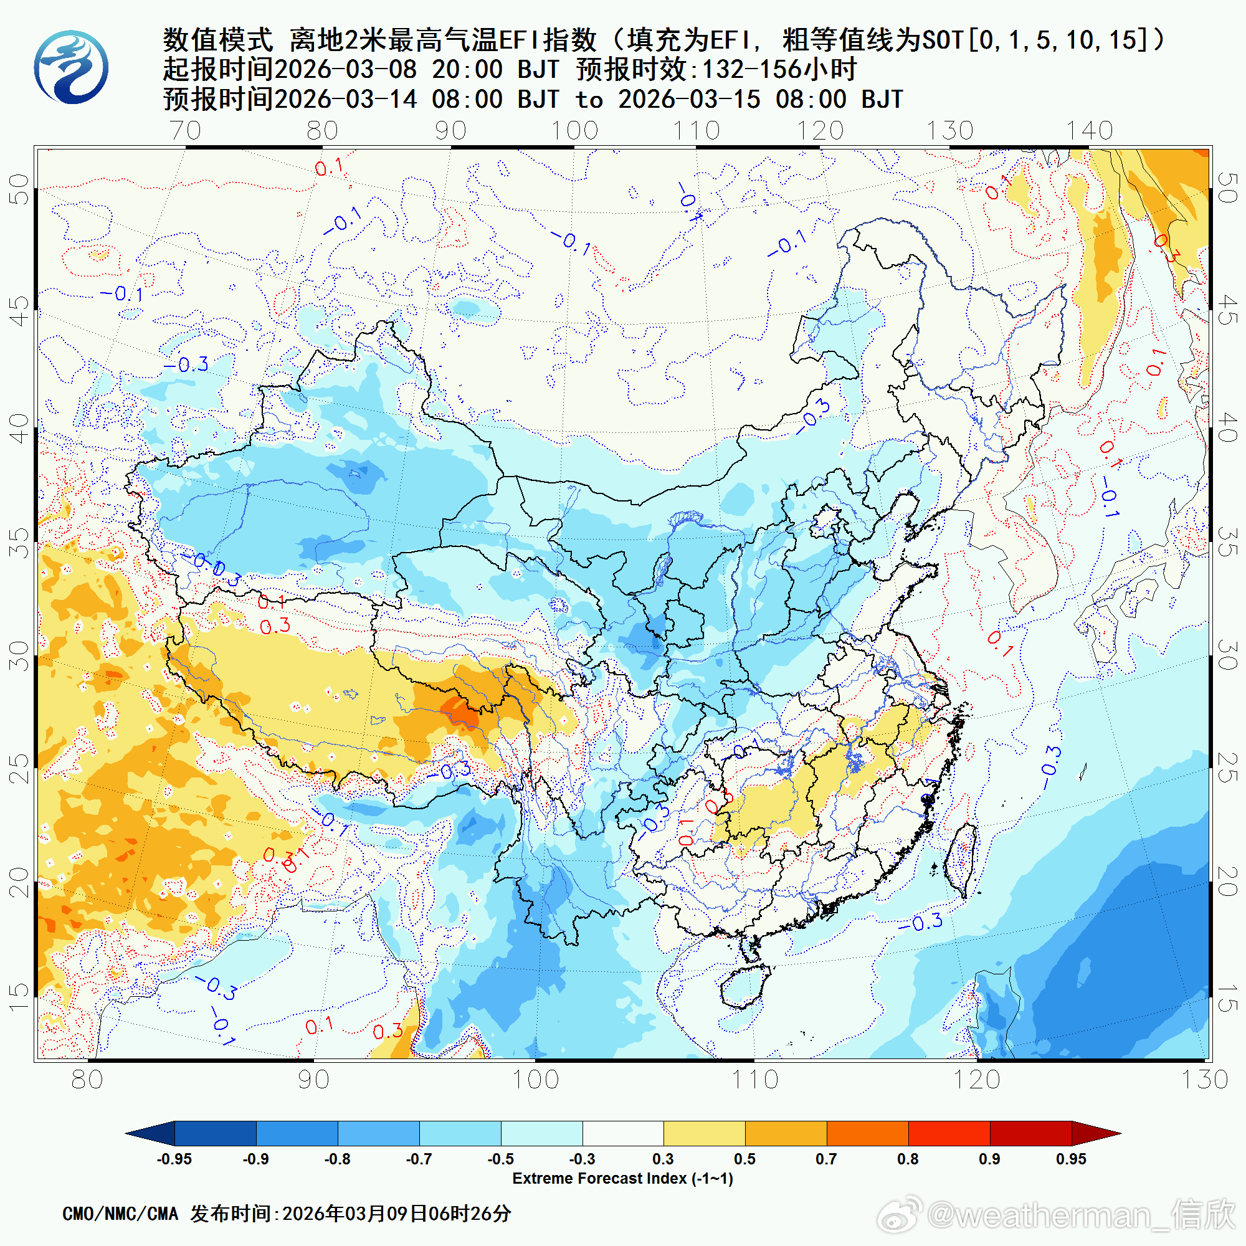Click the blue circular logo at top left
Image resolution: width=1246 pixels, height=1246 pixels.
[71, 67]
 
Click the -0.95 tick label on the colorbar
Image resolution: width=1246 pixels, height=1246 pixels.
[174, 1159]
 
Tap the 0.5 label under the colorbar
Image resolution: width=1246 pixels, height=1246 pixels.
[744, 1159]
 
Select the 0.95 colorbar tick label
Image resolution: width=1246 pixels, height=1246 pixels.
[1070, 1159]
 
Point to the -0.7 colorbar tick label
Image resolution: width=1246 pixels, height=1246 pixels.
[419, 1159]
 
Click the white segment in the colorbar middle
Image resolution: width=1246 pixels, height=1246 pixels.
[622, 1133]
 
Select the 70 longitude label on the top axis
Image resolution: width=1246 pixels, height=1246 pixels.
[186, 130]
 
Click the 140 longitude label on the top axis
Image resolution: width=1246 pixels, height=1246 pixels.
[1088, 130]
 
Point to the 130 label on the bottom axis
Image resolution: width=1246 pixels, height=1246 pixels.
[1204, 1080]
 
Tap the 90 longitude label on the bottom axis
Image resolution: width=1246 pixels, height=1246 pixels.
[313, 1080]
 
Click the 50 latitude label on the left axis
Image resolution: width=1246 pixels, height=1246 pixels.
[19, 188]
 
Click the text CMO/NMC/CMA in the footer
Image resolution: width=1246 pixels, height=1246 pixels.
[120, 1214]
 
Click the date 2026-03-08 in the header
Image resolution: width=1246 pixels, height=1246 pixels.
[346, 70]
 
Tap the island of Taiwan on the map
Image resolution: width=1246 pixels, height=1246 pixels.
[961, 861]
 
